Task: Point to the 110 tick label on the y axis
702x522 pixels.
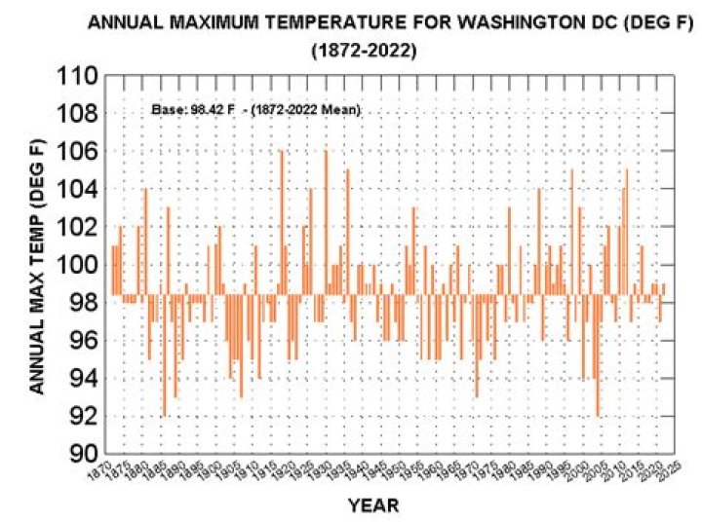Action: (x=79, y=76)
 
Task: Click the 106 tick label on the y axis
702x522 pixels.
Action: (x=79, y=152)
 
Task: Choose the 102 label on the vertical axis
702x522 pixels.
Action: (x=79, y=227)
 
